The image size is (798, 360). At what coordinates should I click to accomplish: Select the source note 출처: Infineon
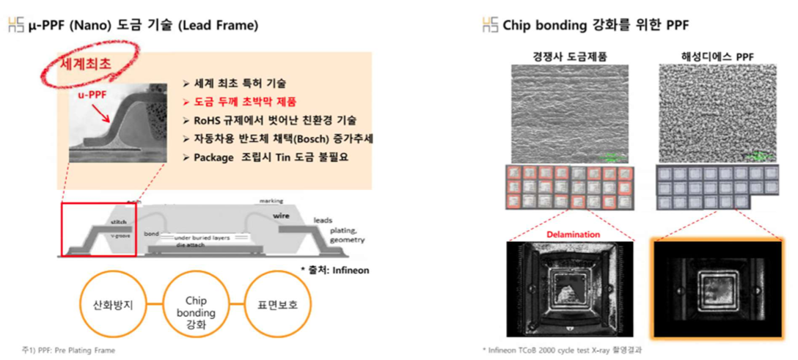(334, 270)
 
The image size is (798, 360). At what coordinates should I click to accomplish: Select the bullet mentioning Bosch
(272, 138)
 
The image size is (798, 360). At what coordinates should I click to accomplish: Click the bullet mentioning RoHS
(269, 120)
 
